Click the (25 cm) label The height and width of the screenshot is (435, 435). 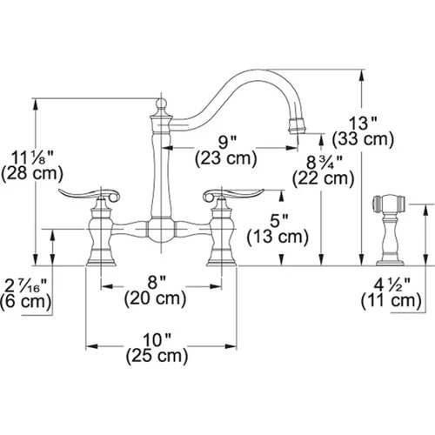[x=157, y=356]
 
